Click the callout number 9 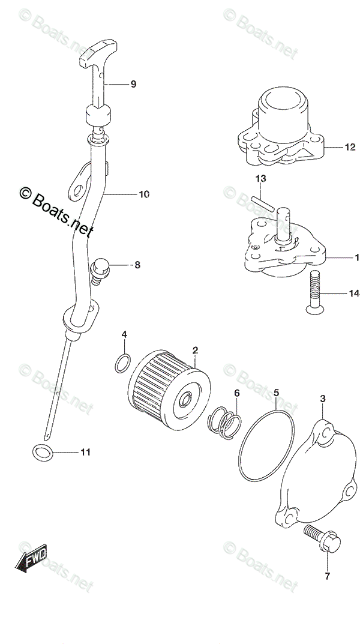click(133, 84)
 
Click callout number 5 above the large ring click(275, 394)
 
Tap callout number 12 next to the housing click(350, 146)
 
